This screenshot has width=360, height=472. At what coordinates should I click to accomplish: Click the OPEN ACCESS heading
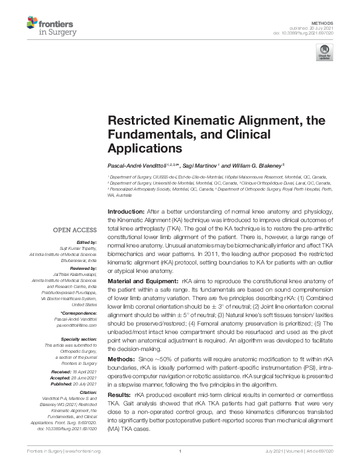pos(74,230)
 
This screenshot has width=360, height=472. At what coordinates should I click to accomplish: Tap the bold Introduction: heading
pos(126,211)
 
